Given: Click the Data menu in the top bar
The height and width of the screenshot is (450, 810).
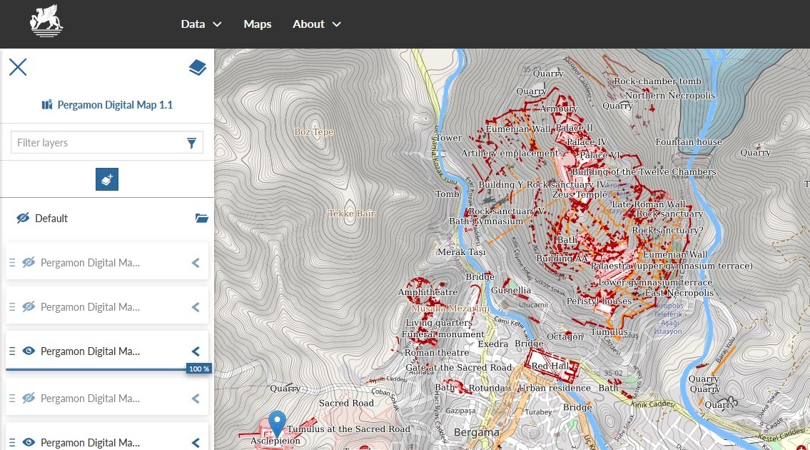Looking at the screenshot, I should (201, 24).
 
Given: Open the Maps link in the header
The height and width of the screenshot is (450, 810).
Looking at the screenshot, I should (258, 24).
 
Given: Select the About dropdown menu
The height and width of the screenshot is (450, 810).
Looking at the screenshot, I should (316, 24).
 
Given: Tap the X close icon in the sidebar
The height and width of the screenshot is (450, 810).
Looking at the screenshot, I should (18, 67).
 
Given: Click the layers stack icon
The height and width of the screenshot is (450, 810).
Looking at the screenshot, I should (197, 68).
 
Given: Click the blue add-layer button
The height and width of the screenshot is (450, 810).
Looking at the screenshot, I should (107, 180).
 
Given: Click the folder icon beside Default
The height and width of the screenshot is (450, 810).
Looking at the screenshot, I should (201, 219).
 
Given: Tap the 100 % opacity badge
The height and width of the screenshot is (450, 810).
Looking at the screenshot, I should (199, 369).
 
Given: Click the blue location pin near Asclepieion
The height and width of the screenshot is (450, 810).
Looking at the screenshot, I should (277, 423).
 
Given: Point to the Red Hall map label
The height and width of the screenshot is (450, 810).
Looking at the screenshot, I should (549, 366).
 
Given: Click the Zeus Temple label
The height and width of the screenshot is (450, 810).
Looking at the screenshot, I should (580, 194).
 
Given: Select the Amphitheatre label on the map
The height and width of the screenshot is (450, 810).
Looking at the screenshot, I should (427, 292).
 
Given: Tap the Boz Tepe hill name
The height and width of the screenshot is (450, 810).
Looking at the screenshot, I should (314, 132).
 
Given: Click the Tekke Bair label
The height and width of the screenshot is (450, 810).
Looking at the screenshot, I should (351, 214).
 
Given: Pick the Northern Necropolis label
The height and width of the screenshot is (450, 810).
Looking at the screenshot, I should (660, 96).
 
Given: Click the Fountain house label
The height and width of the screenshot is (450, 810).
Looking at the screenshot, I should (689, 142).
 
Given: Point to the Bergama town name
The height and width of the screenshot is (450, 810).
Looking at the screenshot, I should (476, 433).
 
